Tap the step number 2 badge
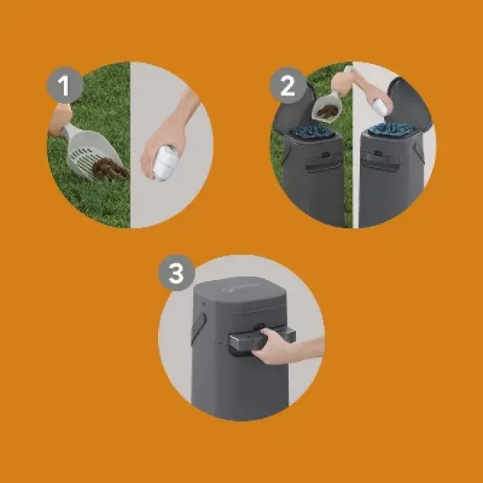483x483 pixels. tap(285, 86)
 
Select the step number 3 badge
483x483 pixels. tap(176, 274)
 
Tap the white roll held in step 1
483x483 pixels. tap(165, 164)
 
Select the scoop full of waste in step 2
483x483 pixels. tap(326, 107)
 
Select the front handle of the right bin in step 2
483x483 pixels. tap(384, 163)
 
